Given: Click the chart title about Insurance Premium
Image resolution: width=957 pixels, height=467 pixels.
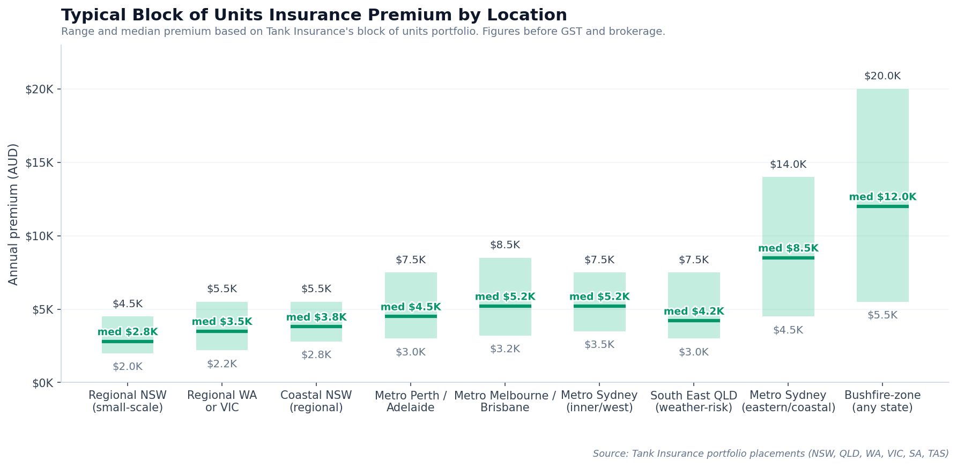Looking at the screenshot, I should (314, 15).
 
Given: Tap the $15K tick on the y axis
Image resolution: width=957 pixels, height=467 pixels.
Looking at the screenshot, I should (39, 163).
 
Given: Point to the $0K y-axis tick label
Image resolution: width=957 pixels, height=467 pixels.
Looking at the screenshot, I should (42, 383).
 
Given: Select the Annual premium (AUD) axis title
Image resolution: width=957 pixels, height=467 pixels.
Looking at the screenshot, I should (13, 214).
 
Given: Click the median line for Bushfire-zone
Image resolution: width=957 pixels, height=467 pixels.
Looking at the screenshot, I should (882, 206).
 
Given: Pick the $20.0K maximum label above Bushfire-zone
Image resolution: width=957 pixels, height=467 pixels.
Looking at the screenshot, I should (882, 76).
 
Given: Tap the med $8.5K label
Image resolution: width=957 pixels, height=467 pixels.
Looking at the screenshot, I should (788, 248).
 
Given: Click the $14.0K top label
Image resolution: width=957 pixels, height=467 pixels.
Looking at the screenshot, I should (788, 165).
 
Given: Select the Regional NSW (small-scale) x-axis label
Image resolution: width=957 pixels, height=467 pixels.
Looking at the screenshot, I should (128, 402).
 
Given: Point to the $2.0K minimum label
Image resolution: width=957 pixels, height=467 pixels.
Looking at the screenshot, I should (128, 367).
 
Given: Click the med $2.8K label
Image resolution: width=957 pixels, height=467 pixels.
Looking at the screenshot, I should (128, 332).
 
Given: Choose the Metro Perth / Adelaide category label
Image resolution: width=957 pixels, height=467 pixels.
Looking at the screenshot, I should (410, 402).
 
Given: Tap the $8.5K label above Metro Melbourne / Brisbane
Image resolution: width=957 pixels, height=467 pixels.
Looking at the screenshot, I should (505, 245).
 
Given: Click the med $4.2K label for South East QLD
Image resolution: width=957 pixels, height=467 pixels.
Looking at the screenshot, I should (693, 312).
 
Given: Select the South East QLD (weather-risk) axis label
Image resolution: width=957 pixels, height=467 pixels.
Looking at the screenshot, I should (693, 402).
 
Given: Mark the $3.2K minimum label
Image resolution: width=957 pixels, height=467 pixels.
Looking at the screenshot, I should (505, 349).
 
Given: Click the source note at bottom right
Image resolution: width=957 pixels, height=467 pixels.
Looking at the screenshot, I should (770, 454).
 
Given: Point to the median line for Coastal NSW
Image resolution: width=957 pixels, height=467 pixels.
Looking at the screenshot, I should (316, 327).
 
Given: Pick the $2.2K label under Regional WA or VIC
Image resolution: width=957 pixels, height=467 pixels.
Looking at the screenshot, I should (221, 364).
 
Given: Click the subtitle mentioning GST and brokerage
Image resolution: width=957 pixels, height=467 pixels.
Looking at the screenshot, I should (363, 32).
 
